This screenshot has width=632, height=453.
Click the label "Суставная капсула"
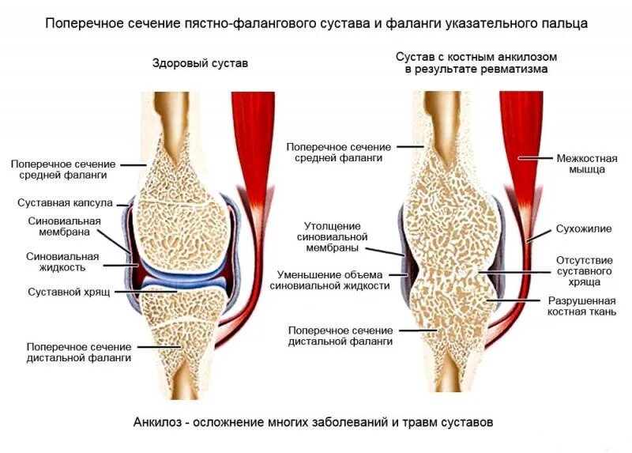tap(65, 203)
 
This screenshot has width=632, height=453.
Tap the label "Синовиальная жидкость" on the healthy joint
tap(62, 262)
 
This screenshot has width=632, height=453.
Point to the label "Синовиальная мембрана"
tap(64, 227)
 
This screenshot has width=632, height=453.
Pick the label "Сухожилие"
tap(583, 229)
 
